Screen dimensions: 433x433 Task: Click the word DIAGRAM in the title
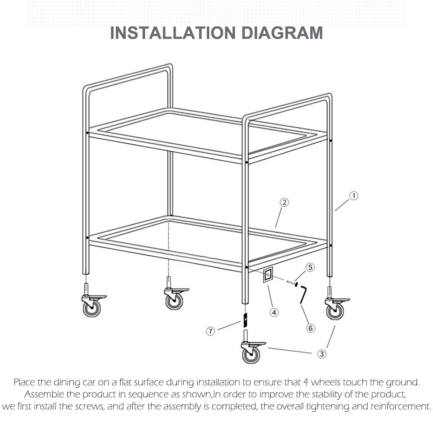pyautogui.click(x=282, y=33)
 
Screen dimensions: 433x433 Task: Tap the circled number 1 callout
pyautogui.click(x=353, y=196)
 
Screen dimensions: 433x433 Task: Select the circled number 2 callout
pyautogui.click(x=284, y=202)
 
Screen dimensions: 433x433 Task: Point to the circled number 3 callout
pyautogui.click(x=322, y=354)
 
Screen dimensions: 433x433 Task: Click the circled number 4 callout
pyautogui.click(x=274, y=312)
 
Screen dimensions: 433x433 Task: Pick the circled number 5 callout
pyautogui.click(x=310, y=267)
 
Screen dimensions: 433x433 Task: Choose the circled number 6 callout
pyautogui.click(x=310, y=328)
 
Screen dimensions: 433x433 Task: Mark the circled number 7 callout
pyautogui.click(x=211, y=331)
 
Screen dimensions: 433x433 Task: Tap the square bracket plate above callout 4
pyautogui.click(x=268, y=275)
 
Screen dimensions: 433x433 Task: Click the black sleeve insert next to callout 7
pyautogui.click(x=244, y=320)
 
